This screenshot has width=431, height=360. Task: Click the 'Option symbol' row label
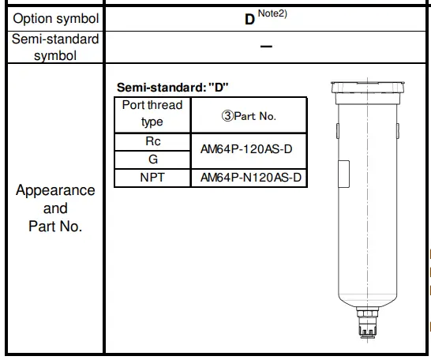[57, 18]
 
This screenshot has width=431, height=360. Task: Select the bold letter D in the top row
[249, 18]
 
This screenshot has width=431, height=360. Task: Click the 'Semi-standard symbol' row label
[55, 47]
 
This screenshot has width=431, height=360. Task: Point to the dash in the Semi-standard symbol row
[266, 47]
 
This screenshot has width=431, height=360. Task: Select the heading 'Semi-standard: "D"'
[173, 87]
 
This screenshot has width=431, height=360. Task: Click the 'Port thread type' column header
[152, 114]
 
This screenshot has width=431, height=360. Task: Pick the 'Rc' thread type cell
[152, 142]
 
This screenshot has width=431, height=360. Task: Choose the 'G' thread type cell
[152, 159]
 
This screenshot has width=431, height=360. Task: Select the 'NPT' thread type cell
[152, 178]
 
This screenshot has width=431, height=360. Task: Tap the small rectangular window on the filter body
[344, 172]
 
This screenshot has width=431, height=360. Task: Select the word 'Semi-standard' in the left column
[55, 39]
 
